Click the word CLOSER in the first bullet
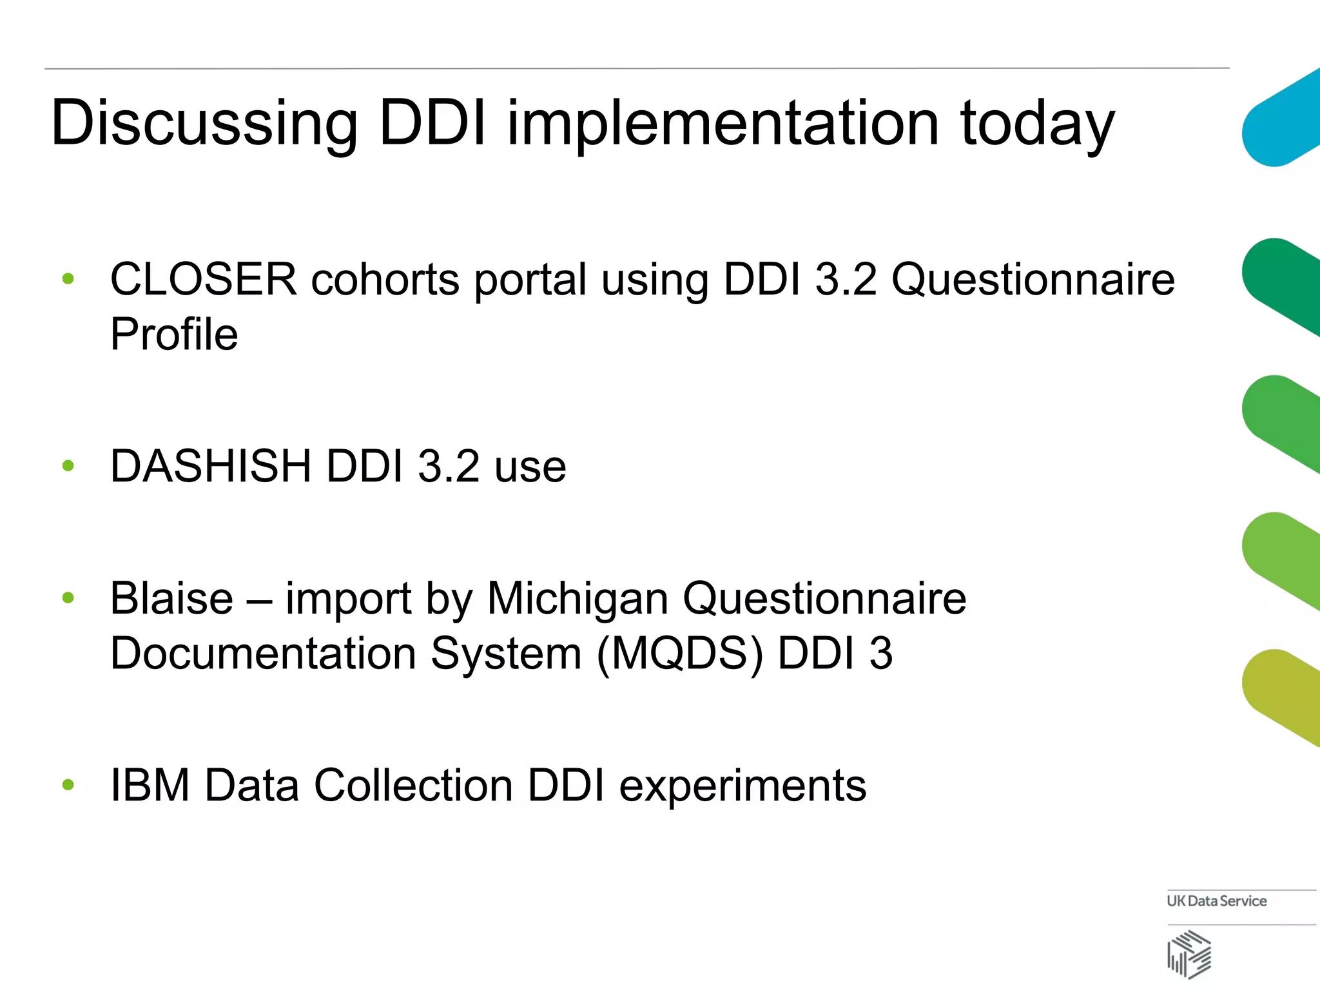tap(204, 280)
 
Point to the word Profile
tap(174, 335)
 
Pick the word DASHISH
tap(211, 466)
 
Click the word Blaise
tap(171, 598)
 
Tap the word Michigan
tap(577, 598)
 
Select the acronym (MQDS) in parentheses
tap(680, 654)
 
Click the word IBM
tap(150, 786)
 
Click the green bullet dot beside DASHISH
tap(68, 465)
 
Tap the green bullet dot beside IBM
tap(68, 784)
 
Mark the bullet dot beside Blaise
tap(68, 597)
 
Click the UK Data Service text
tap(1216, 901)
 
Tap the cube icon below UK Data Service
tap(1189, 955)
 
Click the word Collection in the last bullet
tap(413, 786)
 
